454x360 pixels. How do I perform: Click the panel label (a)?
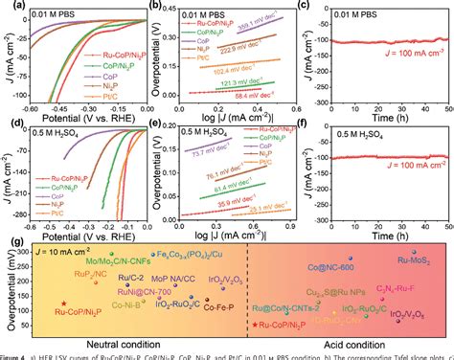click(9, 7)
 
